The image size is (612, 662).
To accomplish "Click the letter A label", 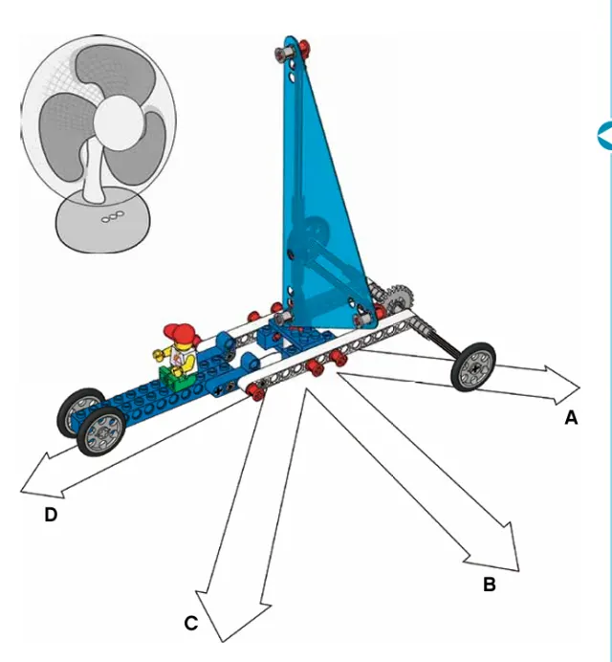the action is (571, 417).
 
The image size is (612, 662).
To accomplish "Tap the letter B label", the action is (490, 585).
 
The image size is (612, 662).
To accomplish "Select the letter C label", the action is (191, 623).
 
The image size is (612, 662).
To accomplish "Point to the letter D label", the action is (51, 515).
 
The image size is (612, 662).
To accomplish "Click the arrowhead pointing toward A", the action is (563, 386).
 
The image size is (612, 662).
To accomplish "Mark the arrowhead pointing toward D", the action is (40, 477).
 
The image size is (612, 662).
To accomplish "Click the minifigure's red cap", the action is (181, 332).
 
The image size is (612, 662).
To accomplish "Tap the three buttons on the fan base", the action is (113, 216).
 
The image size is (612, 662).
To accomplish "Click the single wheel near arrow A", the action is (473, 366).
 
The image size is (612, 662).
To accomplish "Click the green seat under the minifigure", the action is (176, 378).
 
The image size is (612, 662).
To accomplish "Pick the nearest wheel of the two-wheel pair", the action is (101, 431).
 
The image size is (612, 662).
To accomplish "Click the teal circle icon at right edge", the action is (604, 135).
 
